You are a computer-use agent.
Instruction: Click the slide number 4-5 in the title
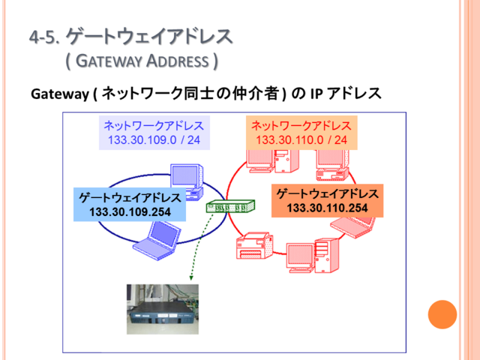point(44,37)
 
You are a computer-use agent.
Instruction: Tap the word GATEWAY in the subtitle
point(109,61)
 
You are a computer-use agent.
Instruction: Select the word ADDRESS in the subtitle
point(178,61)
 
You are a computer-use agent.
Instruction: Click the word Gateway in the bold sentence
point(60,94)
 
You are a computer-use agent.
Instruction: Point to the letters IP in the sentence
point(316,94)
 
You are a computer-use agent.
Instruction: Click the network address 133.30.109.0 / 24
point(154,140)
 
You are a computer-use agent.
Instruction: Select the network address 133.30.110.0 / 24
point(301,140)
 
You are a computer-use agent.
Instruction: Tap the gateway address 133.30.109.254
point(130,211)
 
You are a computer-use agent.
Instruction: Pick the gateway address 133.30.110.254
point(327,208)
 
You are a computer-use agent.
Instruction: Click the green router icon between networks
point(230,206)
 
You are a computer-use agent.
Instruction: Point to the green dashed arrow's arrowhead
point(191,277)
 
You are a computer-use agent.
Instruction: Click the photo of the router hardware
point(163,309)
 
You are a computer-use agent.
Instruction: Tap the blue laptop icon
point(156,241)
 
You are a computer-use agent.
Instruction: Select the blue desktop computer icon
point(187,181)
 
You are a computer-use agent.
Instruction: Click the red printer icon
point(255,245)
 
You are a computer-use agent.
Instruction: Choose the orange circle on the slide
point(442,314)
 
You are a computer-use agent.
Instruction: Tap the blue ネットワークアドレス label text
point(154,126)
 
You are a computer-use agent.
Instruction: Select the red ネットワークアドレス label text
point(301,126)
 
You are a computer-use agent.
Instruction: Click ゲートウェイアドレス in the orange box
point(327,193)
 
